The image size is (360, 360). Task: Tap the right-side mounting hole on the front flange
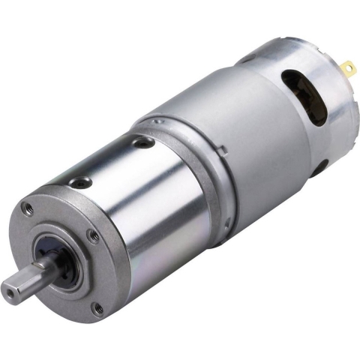(x=92, y=236)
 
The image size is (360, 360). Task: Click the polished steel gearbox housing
(x=150, y=202)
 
